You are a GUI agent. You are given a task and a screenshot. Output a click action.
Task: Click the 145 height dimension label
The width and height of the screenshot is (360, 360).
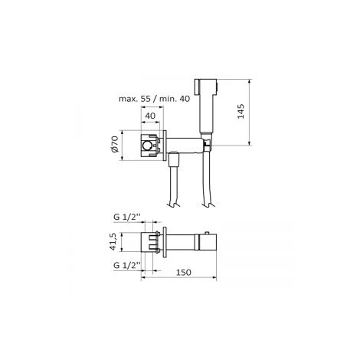241,111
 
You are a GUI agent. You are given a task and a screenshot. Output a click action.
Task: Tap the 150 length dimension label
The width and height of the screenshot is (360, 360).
184,273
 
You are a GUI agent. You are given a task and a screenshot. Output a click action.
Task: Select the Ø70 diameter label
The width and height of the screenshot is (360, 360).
115,144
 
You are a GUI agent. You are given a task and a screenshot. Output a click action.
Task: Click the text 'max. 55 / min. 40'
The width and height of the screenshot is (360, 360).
154,99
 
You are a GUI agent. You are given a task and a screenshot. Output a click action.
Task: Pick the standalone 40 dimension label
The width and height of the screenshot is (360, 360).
150,116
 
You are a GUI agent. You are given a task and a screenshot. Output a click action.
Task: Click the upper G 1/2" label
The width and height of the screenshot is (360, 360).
127,217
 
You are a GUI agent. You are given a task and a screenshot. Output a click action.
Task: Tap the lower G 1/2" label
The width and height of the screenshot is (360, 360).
127,265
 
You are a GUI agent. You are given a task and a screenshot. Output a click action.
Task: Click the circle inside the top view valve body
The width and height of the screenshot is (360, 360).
147,146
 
